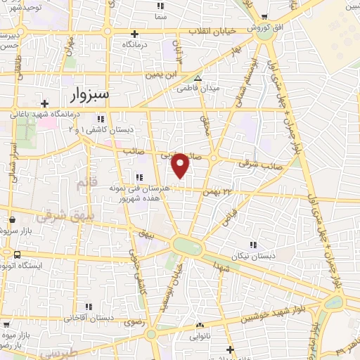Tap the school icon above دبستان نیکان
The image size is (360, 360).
click(252, 245)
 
